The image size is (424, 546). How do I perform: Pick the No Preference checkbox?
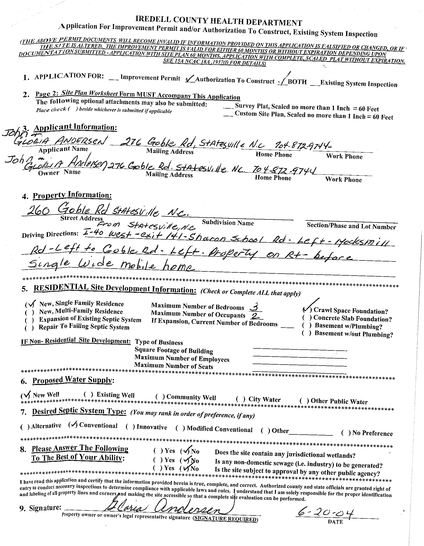[x=346, y=433]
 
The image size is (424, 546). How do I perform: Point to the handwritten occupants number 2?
[x=255, y=316]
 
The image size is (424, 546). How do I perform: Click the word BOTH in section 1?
[x=297, y=82]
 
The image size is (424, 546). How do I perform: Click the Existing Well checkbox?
[x=88, y=394]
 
